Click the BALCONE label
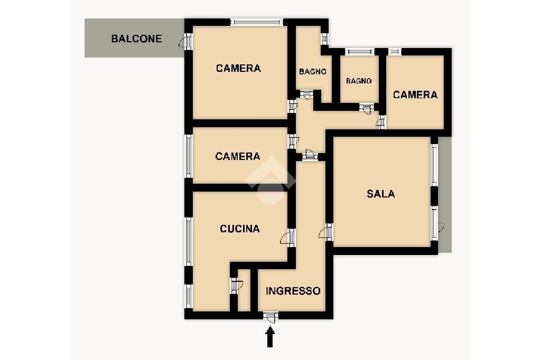[x=136, y=39]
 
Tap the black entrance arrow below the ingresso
[x=270, y=337]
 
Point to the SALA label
[x=381, y=194]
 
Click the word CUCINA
[x=240, y=229]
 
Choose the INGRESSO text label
[x=293, y=291]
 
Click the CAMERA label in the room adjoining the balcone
[x=238, y=68]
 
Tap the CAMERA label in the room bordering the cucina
[x=238, y=156]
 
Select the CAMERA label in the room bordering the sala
[x=415, y=94]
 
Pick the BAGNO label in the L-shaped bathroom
[x=312, y=72]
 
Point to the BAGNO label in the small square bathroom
[x=359, y=81]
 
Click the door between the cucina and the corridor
[x=291, y=238]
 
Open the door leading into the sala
[x=329, y=232]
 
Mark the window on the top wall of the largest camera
[x=257, y=22]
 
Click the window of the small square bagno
[x=359, y=52]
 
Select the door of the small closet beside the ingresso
[x=234, y=286]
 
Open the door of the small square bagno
[x=366, y=107]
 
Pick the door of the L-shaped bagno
[x=305, y=94]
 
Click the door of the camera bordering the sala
[x=382, y=122]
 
